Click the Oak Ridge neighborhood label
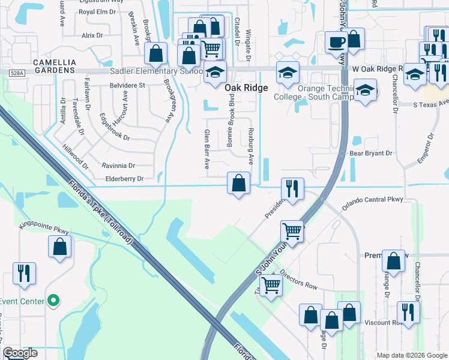[246, 88]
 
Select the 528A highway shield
[17, 73]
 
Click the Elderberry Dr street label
[124, 179]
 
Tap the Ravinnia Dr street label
[119, 166]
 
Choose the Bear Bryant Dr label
[370, 154]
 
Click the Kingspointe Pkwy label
[45, 228]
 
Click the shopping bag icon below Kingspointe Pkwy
[60, 247]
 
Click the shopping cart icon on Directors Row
[271, 286]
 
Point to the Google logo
[20, 353]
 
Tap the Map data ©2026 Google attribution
[411, 355]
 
